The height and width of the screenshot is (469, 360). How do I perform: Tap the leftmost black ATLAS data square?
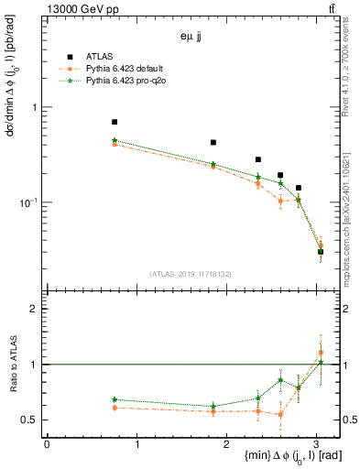[115, 122]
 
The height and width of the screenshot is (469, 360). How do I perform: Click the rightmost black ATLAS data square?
[320, 251]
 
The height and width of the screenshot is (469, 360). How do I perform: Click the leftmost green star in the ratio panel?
[115, 399]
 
